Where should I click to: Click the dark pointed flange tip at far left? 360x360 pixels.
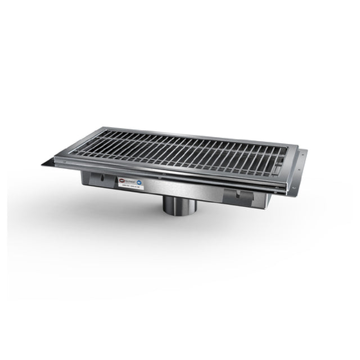(x=45, y=165)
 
